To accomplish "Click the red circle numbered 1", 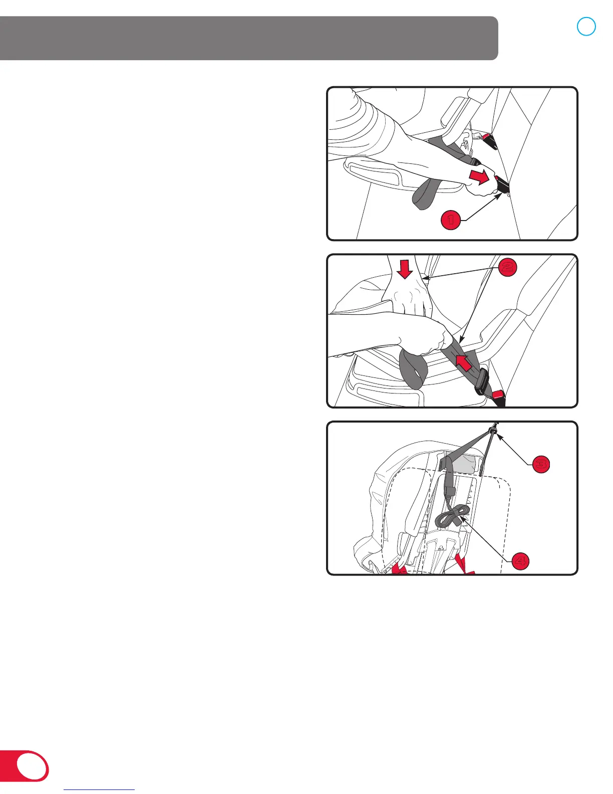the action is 451,220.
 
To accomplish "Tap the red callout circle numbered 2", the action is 507,267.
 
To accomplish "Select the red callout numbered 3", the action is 541,464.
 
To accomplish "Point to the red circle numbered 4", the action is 520,561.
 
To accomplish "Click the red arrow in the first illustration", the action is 479,176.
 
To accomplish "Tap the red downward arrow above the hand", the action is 405,269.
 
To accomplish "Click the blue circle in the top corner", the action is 586,26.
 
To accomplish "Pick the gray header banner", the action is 249,38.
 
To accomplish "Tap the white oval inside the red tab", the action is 32,765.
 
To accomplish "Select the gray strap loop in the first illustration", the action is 425,193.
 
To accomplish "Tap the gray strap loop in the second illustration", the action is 413,368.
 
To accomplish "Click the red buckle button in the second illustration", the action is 498,395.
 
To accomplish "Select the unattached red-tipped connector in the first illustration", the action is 489,141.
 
